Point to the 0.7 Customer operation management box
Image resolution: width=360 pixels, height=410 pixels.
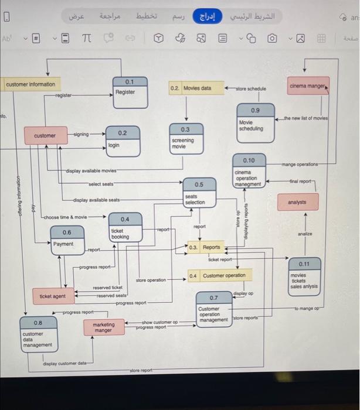tap(213, 309)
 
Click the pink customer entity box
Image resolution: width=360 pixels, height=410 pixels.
tap(45, 135)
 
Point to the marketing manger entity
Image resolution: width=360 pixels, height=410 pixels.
tap(103, 327)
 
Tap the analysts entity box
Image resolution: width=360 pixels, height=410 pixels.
tap(305, 203)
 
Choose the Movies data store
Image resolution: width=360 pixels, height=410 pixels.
tap(196, 88)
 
